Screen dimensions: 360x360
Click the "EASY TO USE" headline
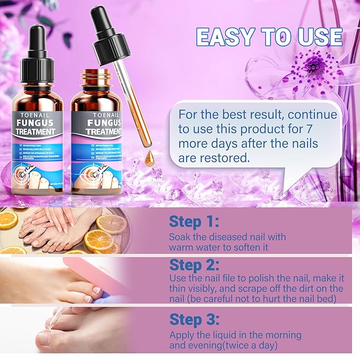coord(269,37)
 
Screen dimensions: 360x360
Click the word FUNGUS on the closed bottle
coord(37,120)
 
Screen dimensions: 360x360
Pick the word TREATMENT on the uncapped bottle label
coord(104,131)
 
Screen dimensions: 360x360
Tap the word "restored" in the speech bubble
coord(222,157)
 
